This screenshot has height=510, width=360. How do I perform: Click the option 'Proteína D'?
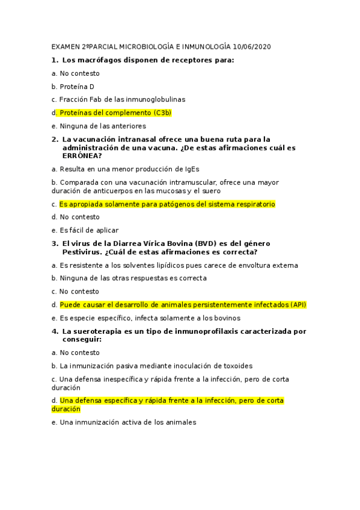pyautogui.click(x=76, y=87)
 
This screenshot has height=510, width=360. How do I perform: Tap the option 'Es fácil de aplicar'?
pyautogui.click(x=88, y=230)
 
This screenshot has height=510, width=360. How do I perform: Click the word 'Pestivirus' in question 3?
pyautogui.click(x=85, y=251)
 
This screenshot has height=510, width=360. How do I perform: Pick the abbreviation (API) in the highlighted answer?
pyautogui.click(x=298, y=304)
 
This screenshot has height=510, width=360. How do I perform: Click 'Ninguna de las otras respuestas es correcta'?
pyautogui.click(x=133, y=278)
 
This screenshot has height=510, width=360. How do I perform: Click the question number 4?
pyautogui.click(x=54, y=331)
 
